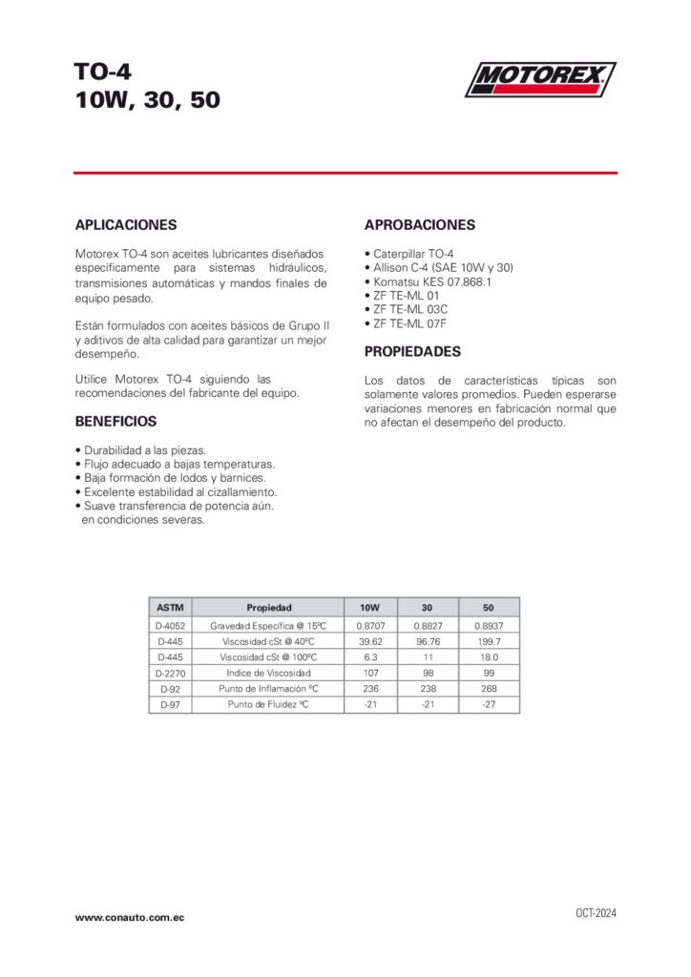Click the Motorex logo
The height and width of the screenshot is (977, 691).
point(540,78)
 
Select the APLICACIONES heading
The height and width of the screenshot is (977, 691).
point(126,225)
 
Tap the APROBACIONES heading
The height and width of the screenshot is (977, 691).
point(420,225)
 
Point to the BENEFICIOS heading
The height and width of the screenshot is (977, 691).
point(115,421)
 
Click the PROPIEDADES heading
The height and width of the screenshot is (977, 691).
point(412,351)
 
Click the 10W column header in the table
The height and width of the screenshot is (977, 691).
point(369,607)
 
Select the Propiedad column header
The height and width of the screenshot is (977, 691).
point(269,607)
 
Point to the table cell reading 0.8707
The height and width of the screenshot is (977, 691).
point(369,625)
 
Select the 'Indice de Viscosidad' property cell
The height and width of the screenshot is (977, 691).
point(269,674)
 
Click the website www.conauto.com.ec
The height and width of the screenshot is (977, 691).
point(130,917)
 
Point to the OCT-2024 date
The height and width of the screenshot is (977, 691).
point(596,913)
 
